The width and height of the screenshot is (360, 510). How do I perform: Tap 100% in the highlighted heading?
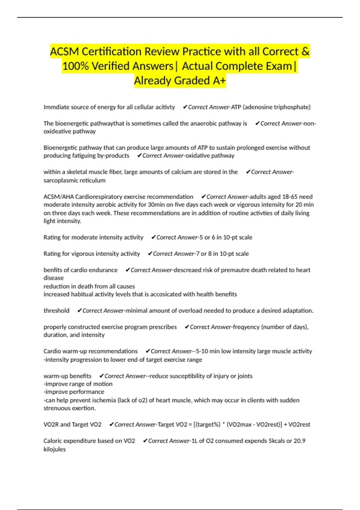tap(75, 66)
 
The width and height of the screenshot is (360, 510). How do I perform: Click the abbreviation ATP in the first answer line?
tap(236, 107)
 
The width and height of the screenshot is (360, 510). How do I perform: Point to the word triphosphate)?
tap(292, 107)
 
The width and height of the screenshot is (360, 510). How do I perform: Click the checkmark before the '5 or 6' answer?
tap(153, 237)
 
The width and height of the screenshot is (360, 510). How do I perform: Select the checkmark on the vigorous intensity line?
tap(150, 254)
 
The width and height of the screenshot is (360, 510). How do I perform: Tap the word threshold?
tap(56, 310)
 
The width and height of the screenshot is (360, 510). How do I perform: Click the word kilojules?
tap(55, 449)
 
